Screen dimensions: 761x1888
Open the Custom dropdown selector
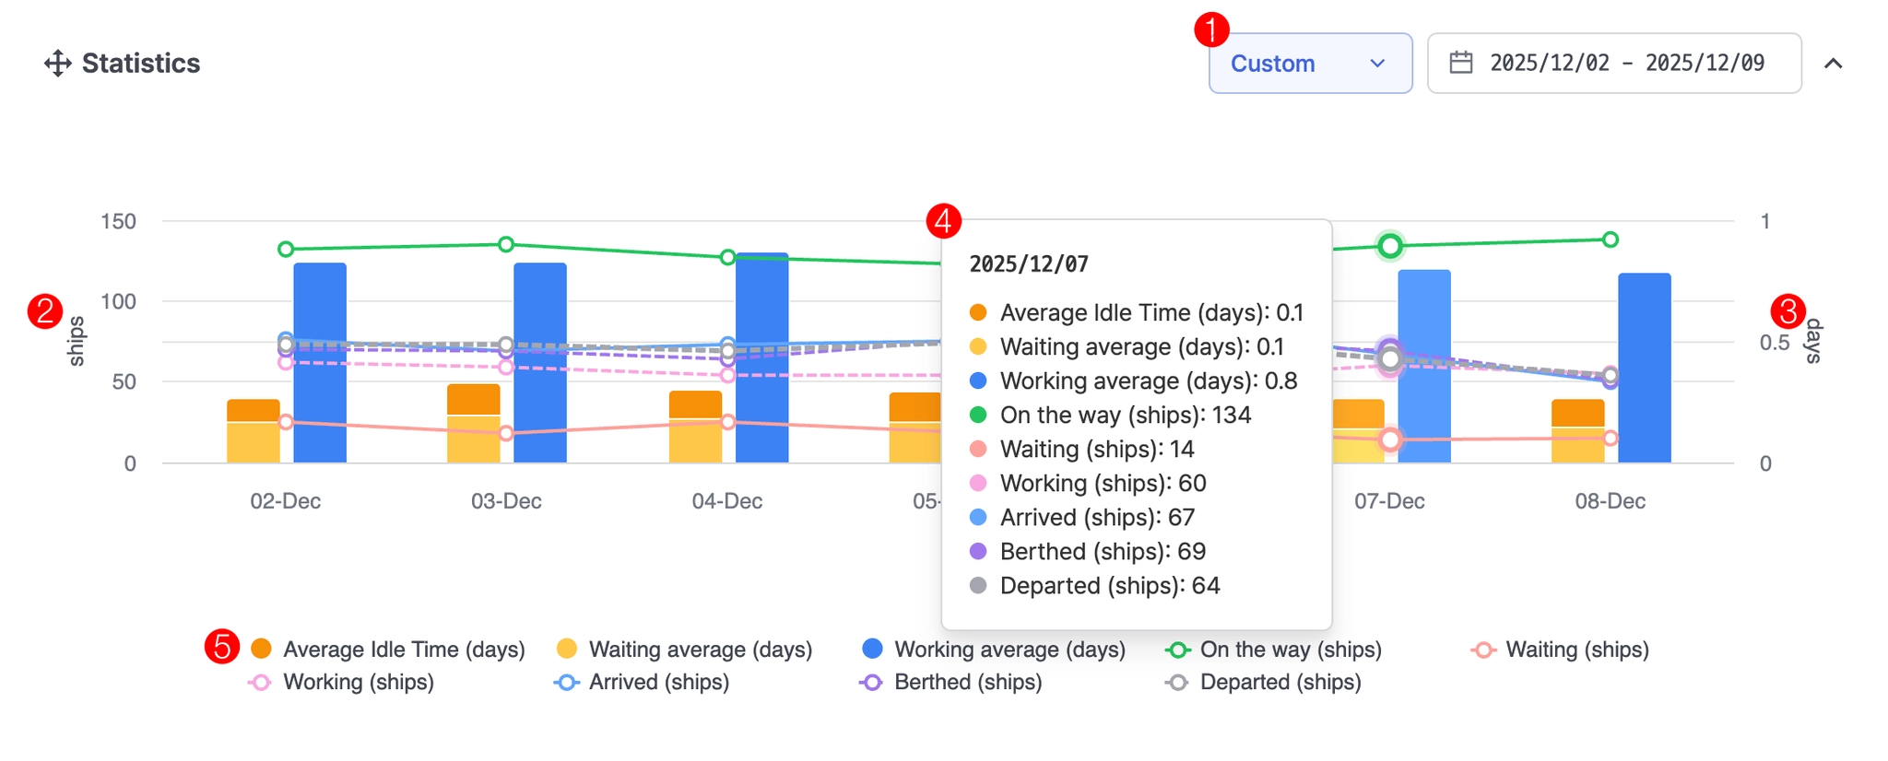1309,64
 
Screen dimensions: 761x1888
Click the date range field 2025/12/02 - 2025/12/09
1613,64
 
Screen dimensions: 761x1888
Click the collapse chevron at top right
1833,64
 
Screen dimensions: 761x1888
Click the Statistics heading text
140,64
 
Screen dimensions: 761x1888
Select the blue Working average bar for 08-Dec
1644,368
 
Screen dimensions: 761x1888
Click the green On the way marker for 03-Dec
506,244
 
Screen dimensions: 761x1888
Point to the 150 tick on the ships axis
118,222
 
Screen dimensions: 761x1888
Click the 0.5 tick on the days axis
1774,343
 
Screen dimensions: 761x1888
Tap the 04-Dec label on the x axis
726,501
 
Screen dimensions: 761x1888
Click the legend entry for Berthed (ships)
967,683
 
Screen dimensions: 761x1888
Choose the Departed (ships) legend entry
1280,683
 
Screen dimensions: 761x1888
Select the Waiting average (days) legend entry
699,650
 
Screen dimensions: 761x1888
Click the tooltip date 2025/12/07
1029,265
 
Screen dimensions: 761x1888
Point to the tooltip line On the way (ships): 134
1125,416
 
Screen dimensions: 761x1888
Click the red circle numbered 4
943,221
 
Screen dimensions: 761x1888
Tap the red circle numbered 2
45,311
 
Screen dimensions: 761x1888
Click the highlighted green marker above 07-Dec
1390,246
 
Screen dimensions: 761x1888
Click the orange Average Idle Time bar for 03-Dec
473,399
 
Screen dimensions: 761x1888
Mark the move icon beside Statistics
57,64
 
